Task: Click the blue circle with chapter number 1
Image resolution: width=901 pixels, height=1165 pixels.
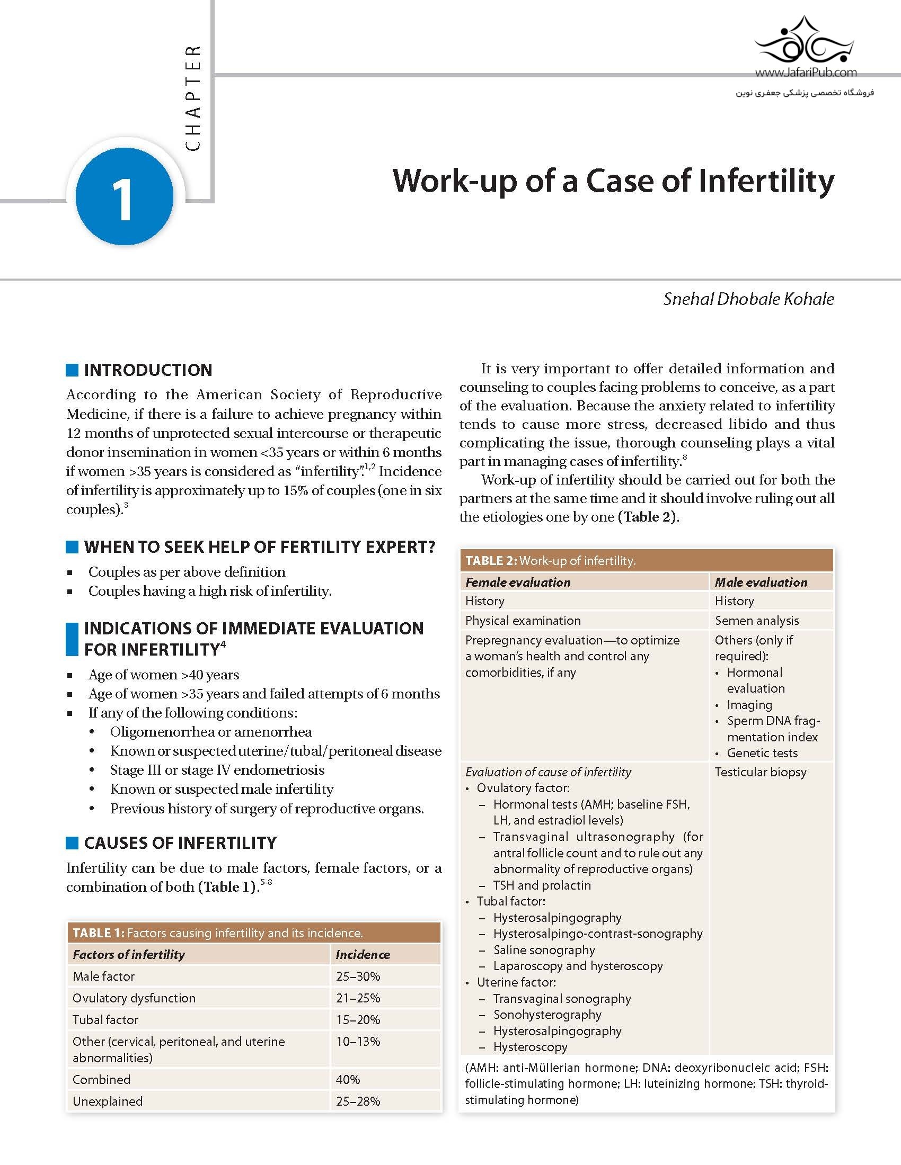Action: [x=125, y=196]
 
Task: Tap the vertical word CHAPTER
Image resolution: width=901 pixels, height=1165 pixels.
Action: [x=193, y=98]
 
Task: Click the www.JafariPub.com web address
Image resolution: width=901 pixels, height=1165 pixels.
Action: [x=806, y=73]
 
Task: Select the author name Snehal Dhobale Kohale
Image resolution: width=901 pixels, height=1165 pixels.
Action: [x=748, y=299]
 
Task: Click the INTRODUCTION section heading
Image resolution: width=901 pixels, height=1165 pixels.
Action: [x=148, y=370]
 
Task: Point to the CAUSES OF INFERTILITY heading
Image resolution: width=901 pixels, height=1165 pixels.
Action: [x=180, y=843]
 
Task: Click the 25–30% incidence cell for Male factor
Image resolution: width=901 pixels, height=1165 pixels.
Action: [x=358, y=976]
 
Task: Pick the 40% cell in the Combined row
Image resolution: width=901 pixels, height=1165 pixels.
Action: [x=348, y=1079]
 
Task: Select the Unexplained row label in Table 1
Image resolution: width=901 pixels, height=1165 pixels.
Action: [x=108, y=1101]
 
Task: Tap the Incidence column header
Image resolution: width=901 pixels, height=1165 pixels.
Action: [x=363, y=954]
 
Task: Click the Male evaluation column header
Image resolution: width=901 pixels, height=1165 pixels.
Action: [x=761, y=582]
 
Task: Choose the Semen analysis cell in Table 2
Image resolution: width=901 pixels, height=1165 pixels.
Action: [x=757, y=621]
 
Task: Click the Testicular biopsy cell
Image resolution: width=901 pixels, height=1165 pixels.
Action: [x=761, y=772]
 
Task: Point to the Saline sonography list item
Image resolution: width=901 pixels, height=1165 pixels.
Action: [x=544, y=949]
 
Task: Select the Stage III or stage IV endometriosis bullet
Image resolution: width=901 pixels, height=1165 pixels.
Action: [x=217, y=770]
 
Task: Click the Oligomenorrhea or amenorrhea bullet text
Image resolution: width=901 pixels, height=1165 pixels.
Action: [x=211, y=731]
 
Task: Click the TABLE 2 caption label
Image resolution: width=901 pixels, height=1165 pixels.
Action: [x=491, y=561]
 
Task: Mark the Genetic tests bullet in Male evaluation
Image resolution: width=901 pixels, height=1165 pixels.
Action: [x=762, y=752]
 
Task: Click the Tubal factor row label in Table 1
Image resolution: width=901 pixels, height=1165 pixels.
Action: [x=105, y=1019]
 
